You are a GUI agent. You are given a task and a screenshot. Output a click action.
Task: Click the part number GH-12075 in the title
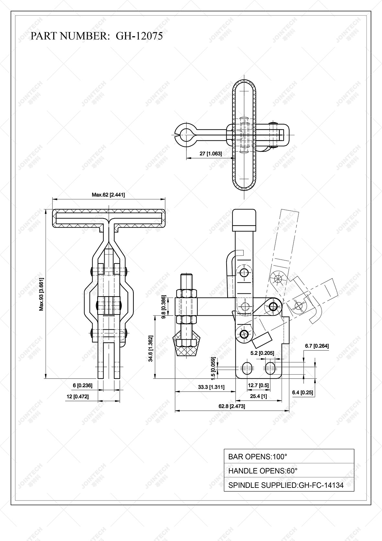tap(139, 36)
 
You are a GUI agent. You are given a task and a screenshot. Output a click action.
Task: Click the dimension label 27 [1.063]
tap(211, 154)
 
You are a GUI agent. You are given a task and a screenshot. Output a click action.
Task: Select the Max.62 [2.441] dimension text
tap(108, 195)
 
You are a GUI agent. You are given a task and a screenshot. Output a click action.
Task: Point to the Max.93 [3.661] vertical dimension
tap(41, 294)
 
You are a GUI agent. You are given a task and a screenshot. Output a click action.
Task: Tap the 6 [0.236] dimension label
tap(83, 385)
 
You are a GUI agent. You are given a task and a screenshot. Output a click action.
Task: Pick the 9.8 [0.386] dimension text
tap(164, 307)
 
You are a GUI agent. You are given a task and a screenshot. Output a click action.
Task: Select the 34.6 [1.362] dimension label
tap(150, 348)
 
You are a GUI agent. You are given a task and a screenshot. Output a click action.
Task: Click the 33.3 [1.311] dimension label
tap(211, 387)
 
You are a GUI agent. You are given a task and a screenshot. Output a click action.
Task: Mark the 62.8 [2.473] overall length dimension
tap(232, 406)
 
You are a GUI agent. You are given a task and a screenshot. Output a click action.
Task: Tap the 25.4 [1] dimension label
tap(258, 396)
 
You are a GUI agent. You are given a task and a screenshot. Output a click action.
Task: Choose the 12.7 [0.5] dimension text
tap(258, 385)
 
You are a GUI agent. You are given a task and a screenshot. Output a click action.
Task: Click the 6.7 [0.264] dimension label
tap(317, 346)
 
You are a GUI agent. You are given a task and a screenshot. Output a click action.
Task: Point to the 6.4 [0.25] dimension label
tap(302, 393)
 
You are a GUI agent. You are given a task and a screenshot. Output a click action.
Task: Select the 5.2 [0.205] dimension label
tap(262, 353)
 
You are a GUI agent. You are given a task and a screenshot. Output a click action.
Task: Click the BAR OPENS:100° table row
tap(289, 457)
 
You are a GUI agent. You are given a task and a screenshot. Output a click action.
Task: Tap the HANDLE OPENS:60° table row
tap(289, 471)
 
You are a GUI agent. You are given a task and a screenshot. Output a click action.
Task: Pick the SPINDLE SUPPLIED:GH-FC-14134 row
tap(289, 485)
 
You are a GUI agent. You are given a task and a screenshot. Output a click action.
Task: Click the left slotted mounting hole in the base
tap(247, 369)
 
